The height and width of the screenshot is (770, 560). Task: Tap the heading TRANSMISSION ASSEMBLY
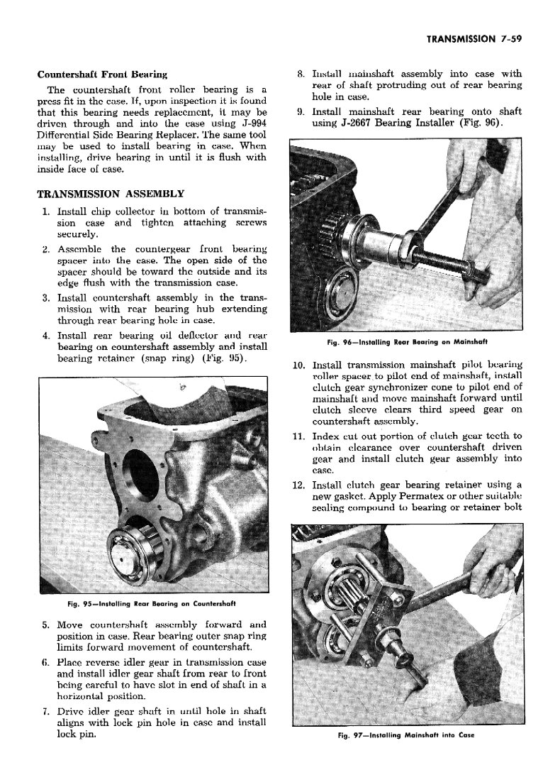pyautogui.click(x=111, y=193)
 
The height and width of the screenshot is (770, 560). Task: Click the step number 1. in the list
pyautogui.click(x=45, y=211)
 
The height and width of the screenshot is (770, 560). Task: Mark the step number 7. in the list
pyautogui.click(x=44, y=710)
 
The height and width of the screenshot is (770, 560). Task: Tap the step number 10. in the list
pyautogui.click(x=298, y=365)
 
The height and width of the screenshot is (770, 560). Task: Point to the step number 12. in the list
pyautogui.click(x=298, y=485)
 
